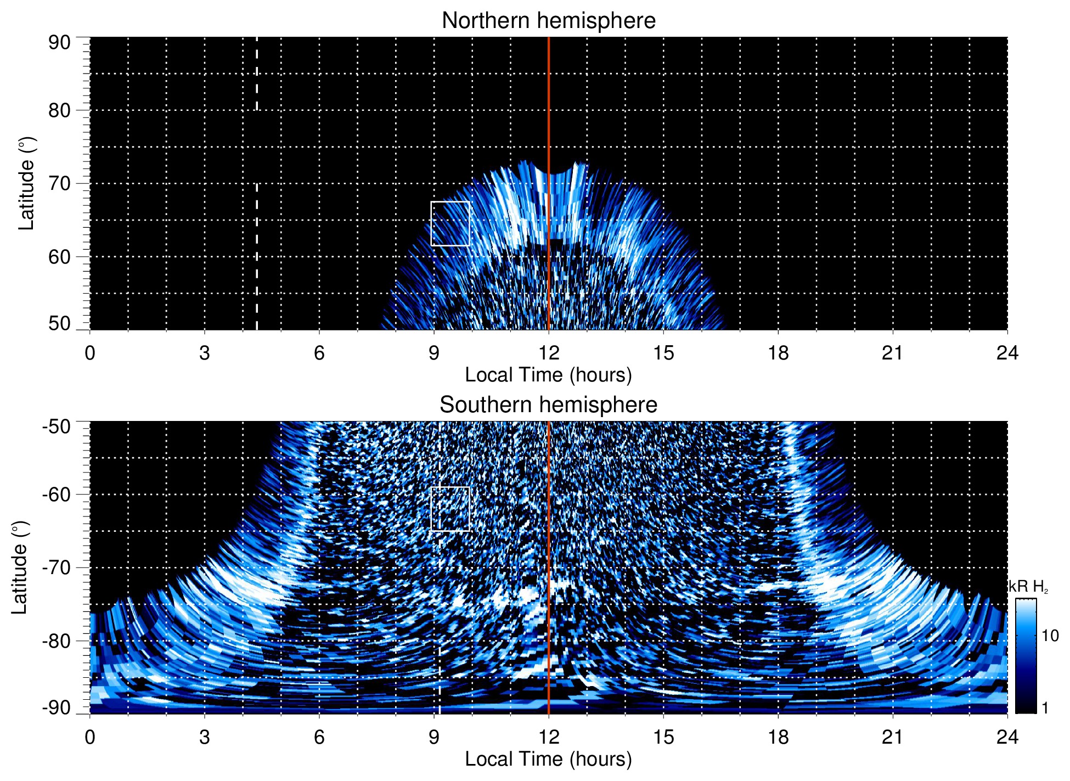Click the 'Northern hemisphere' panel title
click(x=548, y=21)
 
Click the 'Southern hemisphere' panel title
click(x=548, y=405)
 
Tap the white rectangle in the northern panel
click(x=450, y=223)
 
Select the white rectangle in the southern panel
click(x=450, y=509)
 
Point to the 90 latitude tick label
click(x=59, y=43)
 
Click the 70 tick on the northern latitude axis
click(x=59, y=183)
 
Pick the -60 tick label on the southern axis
click(x=57, y=494)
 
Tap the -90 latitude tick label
click(x=57, y=707)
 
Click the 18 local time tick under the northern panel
click(x=778, y=353)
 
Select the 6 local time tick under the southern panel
click(x=319, y=737)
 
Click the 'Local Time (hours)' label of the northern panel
click(x=548, y=375)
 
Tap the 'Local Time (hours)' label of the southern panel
click(x=548, y=759)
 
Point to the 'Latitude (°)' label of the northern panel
click(x=26, y=183)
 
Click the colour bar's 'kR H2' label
click(x=1028, y=587)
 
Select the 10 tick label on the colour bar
click(x=1050, y=636)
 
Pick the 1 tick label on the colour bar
click(x=1045, y=707)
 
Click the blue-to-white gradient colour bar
click(x=1025, y=656)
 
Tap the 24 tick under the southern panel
click(x=1007, y=737)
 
